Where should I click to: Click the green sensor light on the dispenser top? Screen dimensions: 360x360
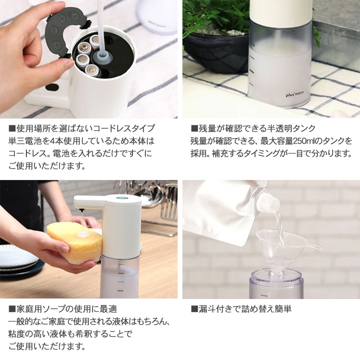click(120, 198)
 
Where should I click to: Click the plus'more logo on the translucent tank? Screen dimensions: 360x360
click(295, 94)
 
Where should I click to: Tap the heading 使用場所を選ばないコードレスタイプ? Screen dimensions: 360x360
click(85, 128)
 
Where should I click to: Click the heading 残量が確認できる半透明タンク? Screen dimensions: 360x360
click(257, 128)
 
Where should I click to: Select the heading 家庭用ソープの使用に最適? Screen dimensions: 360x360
click(67, 309)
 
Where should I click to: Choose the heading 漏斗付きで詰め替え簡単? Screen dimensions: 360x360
click(245, 309)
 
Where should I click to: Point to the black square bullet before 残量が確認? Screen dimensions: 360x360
click(194, 128)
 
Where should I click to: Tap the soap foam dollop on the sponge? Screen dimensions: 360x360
click(83, 234)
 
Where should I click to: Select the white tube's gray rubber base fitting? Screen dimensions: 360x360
click(102, 57)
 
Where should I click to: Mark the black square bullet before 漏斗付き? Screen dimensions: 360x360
click(194, 309)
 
